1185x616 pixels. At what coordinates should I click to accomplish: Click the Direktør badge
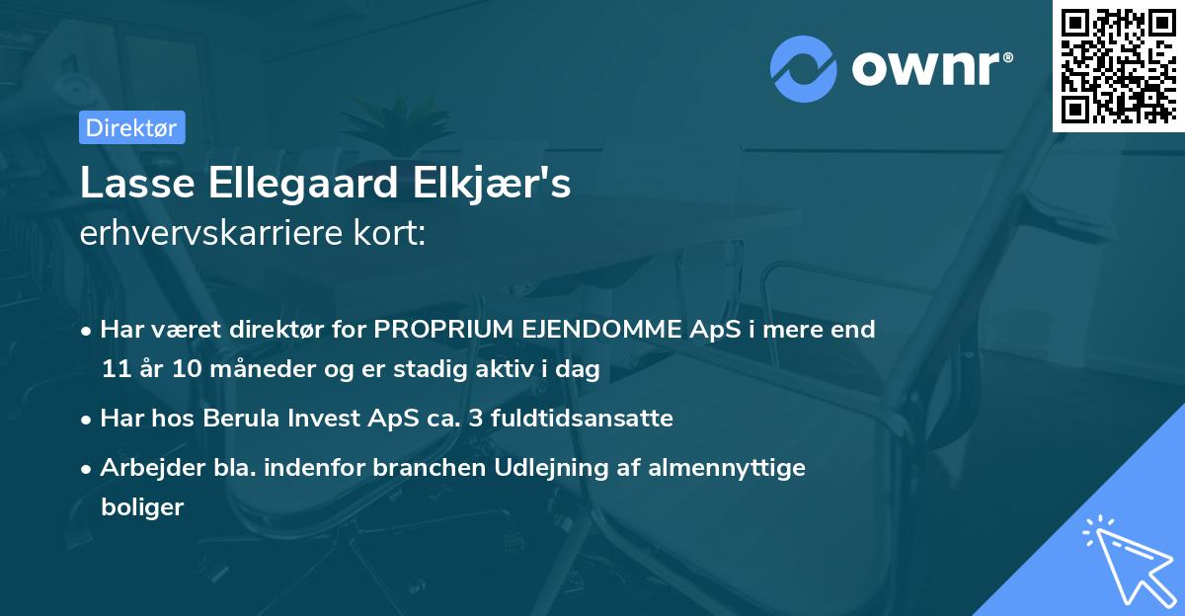130,127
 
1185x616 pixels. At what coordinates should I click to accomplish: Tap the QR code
1119,65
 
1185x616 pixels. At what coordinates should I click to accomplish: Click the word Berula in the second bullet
240,419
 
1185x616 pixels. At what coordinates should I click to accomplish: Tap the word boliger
142,507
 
